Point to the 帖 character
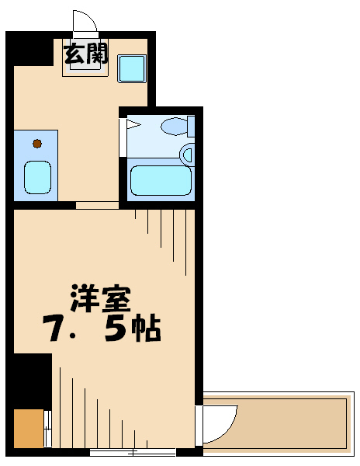point(145,330)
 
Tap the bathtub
point(161,180)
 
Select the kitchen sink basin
point(36,177)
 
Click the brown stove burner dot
point(36,142)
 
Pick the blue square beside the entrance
point(131,68)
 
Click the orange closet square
point(29,428)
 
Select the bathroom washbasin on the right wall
point(187,154)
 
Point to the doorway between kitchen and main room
point(97,207)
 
